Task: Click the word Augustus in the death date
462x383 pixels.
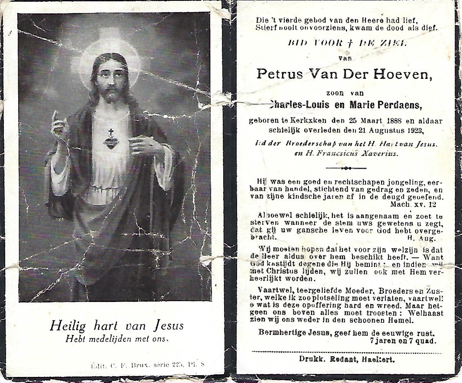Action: (380, 130)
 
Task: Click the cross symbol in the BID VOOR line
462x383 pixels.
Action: (342, 42)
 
